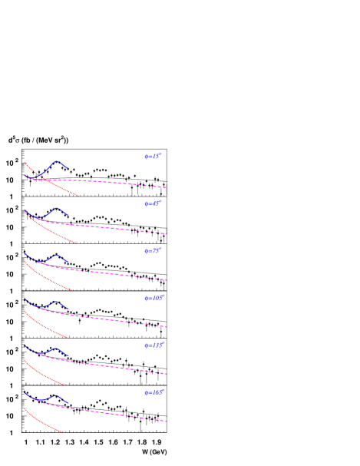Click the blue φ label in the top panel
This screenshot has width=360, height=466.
pyautogui.click(x=154, y=157)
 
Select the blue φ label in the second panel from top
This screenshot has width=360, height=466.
pyautogui.click(x=154, y=203)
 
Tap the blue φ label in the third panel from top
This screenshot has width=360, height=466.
pyautogui.click(x=154, y=251)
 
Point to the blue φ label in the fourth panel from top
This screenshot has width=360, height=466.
pyautogui.click(x=155, y=298)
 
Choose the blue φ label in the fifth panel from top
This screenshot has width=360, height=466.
pyautogui.click(x=155, y=345)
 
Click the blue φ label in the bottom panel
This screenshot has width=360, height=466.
pyautogui.click(x=155, y=392)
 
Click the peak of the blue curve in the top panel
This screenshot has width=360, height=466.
pyautogui.click(x=56, y=162)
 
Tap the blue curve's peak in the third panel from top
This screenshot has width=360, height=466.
pyautogui.click(x=56, y=256)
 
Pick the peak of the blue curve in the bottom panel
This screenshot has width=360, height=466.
pyautogui.click(x=56, y=396)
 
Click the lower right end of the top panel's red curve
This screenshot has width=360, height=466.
pyautogui.click(x=78, y=197)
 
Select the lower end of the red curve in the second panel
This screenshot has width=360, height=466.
pyautogui.click(x=77, y=243)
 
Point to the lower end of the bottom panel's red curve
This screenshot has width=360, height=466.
pyautogui.click(x=61, y=432)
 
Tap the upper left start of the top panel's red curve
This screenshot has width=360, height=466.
pyautogui.click(x=25, y=163)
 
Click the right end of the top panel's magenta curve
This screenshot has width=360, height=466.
pyautogui.click(x=166, y=187)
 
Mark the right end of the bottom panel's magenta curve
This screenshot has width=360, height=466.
pyautogui.click(x=167, y=421)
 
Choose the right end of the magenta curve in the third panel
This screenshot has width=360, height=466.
pyautogui.click(x=167, y=280)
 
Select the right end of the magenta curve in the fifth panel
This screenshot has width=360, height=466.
pyautogui.click(x=167, y=375)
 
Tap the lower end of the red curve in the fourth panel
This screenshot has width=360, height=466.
pyautogui.click(x=68, y=338)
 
